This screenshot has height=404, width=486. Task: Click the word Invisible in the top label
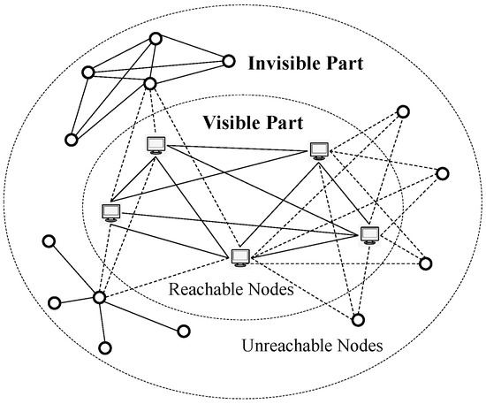[x=281, y=65]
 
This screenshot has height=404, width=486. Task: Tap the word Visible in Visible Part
[x=231, y=122]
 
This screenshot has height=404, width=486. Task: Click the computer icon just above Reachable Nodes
[x=239, y=257]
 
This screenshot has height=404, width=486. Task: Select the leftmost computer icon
[x=110, y=212]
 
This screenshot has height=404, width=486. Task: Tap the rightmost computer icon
[x=369, y=234]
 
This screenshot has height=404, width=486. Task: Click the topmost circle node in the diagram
[x=156, y=38]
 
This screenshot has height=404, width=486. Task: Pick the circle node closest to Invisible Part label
[x=228, y=61]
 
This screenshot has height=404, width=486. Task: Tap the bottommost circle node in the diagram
[x=106, y=347]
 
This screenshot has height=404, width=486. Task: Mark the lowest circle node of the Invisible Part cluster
[x=71, y=139]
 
